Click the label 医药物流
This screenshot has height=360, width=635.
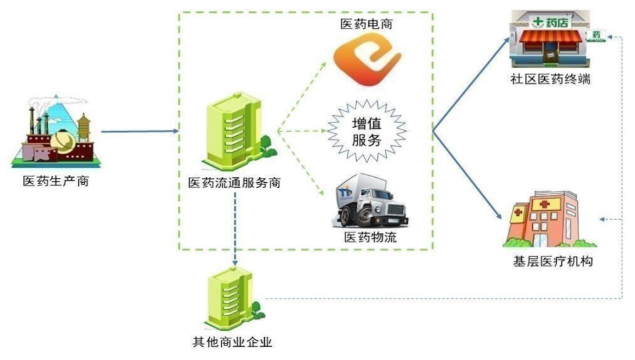point(371,237)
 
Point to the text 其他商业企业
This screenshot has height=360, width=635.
point(232,343)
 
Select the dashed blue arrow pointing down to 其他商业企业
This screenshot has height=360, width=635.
point(236,229)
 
